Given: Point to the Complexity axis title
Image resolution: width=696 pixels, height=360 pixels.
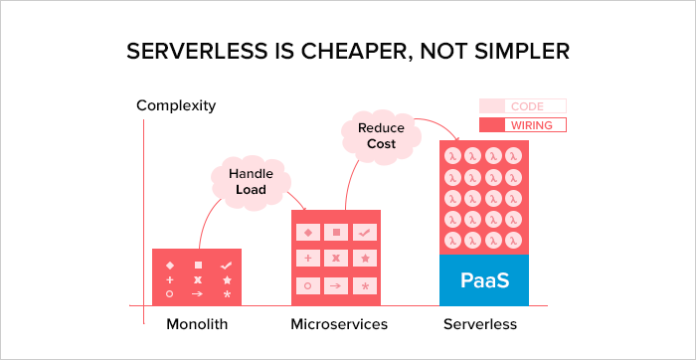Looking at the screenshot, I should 176,105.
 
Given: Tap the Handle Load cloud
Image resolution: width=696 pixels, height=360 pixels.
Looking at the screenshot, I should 251,181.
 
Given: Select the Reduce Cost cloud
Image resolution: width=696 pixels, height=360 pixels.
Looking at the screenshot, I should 380,135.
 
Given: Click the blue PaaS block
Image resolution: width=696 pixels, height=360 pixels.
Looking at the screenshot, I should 484,279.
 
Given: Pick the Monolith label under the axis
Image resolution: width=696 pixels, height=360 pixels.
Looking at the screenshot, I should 196,325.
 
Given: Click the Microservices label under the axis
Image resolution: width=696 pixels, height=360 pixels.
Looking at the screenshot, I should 338,325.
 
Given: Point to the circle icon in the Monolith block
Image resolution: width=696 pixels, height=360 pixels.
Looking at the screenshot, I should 169,294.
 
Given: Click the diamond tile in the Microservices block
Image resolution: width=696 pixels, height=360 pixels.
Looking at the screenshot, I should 307,232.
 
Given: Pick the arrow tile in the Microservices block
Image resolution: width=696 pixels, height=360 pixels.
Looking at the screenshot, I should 336,285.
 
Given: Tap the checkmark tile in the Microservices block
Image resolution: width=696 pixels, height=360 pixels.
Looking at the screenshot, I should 365,232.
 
